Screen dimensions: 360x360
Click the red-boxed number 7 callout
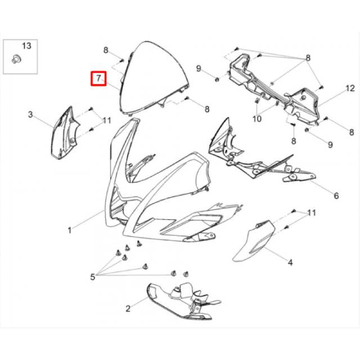click(x=98, y=79)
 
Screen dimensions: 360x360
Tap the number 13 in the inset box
click(x=26, y=46)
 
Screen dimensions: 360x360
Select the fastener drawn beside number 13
click(x=16, y=58)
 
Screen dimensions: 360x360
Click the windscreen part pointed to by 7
click(x=154, y=79)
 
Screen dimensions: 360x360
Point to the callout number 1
click(x=70, y=230)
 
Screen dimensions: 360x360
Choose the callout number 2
click(x=128, y=308)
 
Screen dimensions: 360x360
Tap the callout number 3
click(x=30, y=114)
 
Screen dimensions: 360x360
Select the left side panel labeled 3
click(x=65, y=133)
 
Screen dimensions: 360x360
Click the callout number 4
click(x=290, y=262)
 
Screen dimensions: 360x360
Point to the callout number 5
click(x=92, y=277)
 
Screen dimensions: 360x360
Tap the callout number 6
click(x=336, y=196)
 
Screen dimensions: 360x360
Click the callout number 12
click(x=350, y=88)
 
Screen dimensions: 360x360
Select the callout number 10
click(x=257, y=119)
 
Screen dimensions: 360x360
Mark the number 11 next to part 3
click(x=107, y=120)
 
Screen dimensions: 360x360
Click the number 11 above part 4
click(x=312, y=213)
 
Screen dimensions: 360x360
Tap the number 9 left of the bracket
click(x=199, y=69)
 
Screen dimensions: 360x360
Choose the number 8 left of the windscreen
click(x=106, y=50)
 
